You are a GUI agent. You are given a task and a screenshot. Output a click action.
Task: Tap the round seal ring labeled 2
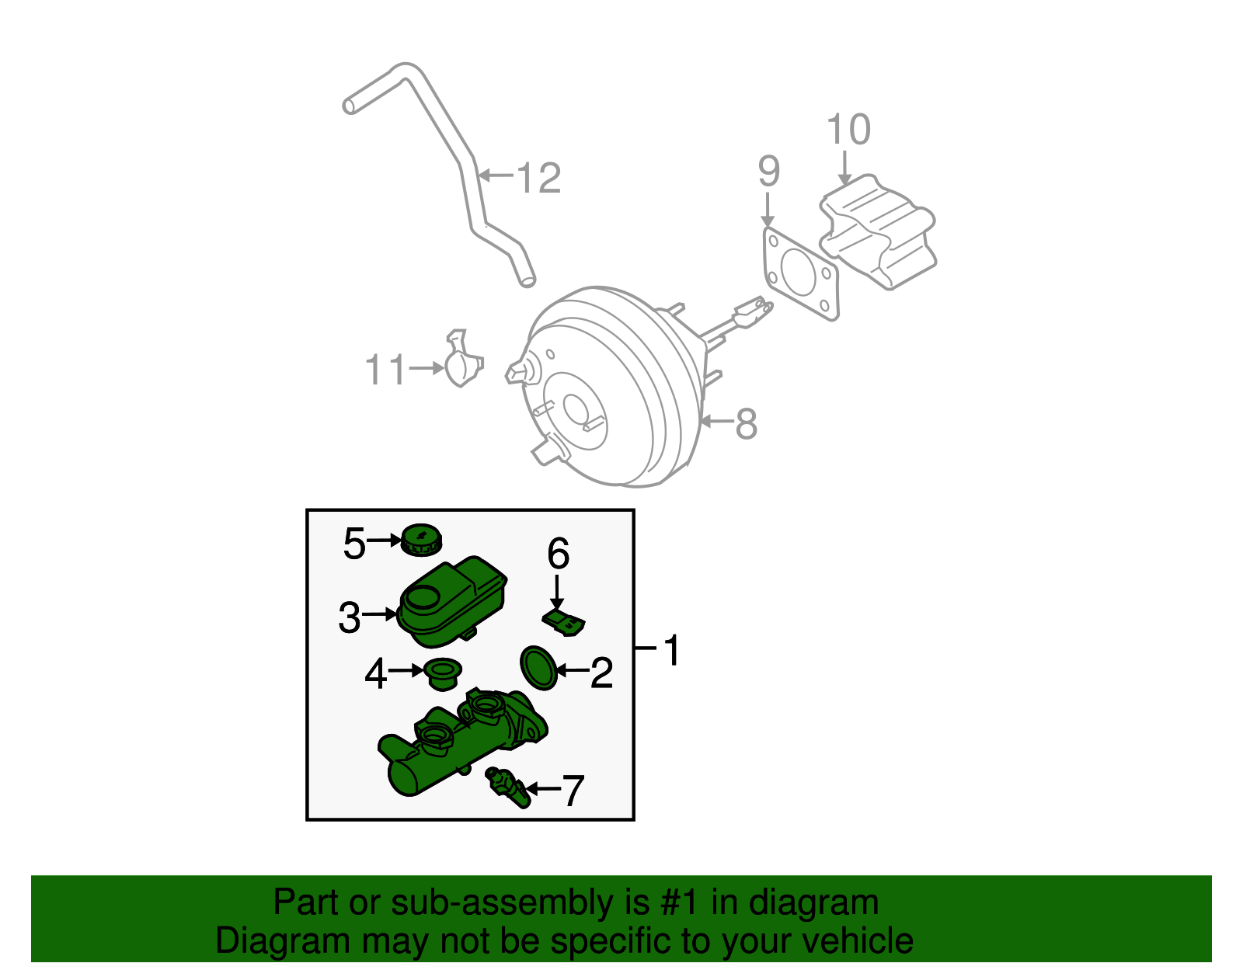coord(538,667)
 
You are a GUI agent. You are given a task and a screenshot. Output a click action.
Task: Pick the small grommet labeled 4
coord(443,673)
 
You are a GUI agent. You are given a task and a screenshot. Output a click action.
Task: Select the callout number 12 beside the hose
coord(538,178)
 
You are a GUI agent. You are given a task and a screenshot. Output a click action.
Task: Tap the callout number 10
coord(848,129)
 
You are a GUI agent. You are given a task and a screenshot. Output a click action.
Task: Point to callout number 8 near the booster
coord(746,424)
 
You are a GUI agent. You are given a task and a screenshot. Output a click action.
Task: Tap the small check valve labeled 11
coord(463,363)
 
